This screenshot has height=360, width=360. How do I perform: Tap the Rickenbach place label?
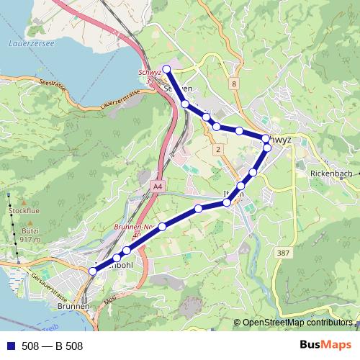[x=331, y=174]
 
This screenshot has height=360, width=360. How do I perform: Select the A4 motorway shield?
[x=158, y=186]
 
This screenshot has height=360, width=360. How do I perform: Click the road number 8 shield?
[x=234, y=84]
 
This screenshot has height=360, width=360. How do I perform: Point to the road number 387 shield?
[x=284, y=253]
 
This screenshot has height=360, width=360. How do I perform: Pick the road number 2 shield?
[x=217, y=149]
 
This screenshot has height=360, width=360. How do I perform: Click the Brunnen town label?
[x=74, y=306]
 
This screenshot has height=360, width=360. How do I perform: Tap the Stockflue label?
[x=24, y=210]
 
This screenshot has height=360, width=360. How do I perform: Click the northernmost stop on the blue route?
[x=166, y=69]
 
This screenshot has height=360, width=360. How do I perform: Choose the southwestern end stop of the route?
[x=92, y=271]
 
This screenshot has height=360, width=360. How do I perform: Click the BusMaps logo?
[x=325, y=346]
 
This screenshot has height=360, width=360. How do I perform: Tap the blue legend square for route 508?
[x=9, y=346]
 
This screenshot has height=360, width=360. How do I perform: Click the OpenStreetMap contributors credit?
[x=297, y=323]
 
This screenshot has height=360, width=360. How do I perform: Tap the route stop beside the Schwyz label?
[x=266, y=138]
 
